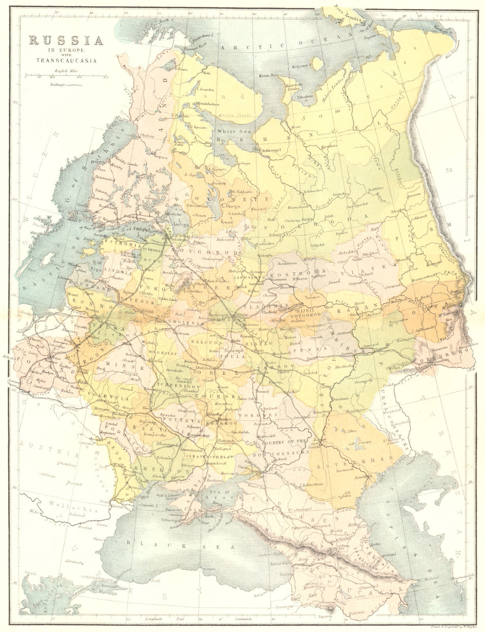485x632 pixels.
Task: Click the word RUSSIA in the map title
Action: [65, 40]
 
